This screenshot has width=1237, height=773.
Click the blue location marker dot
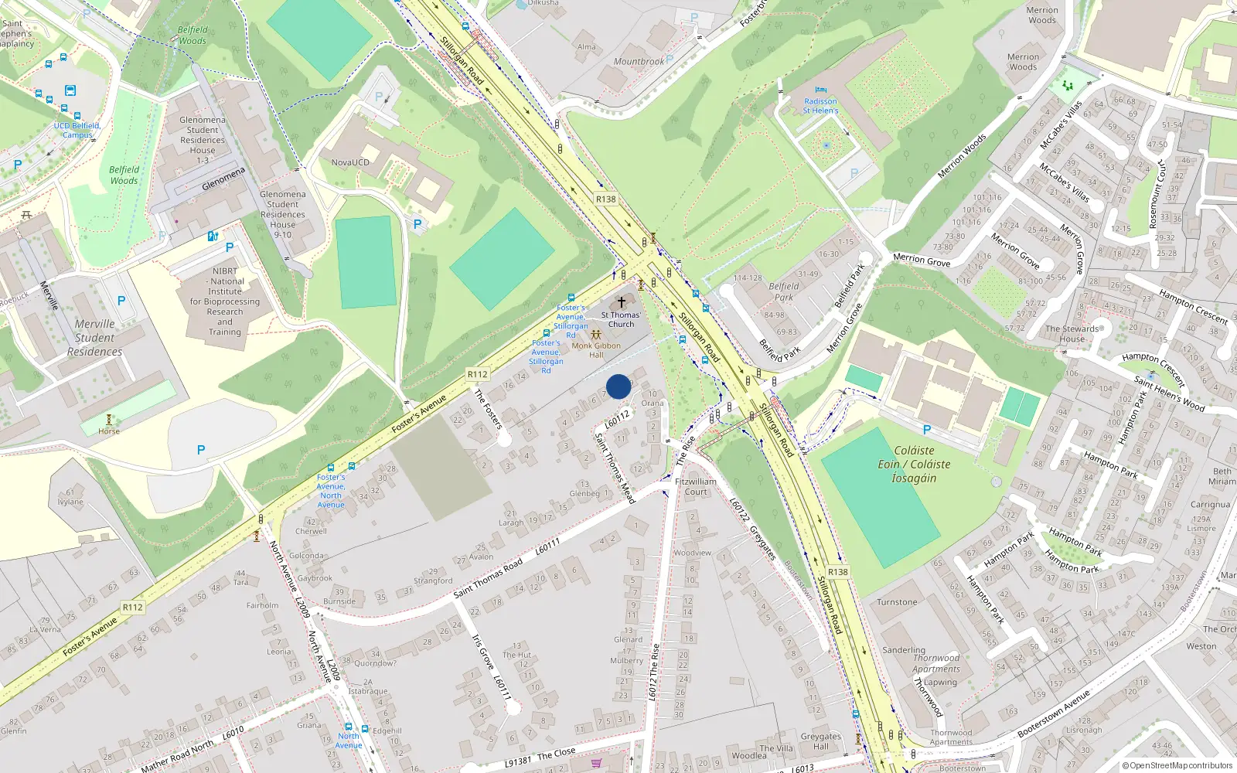[x=618, y=386]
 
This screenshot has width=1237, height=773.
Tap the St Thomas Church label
[x=620, y=319]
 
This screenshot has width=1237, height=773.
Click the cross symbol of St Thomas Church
[x=621, y=302]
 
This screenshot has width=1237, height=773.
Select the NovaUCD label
[x=350, y=162]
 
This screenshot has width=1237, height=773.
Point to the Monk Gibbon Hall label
[x=596, y=350]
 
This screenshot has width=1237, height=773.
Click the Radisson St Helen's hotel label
[x=820, y=106]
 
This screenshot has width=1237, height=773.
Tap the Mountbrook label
[x=639, y=62]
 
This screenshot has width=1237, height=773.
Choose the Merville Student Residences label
[x=94, y=338]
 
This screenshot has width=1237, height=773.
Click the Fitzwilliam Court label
[x=696, y=486]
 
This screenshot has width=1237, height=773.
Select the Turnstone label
[x=897, y=602]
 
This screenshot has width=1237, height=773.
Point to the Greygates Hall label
[x=820, y=741]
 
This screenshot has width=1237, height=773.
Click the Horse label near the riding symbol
[x=109, y=431]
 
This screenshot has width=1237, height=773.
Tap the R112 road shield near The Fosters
[x=478, y=374]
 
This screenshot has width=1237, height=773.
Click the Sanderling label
[x=903, y=650]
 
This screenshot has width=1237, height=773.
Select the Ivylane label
[x=70, y=502]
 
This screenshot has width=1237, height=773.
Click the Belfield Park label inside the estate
[x=784, y=291]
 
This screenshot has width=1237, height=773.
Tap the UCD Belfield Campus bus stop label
[x=77, y=130]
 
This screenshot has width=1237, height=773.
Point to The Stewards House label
[x=1072, y=334]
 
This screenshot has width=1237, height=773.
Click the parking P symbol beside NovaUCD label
[x=379, y=97]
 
